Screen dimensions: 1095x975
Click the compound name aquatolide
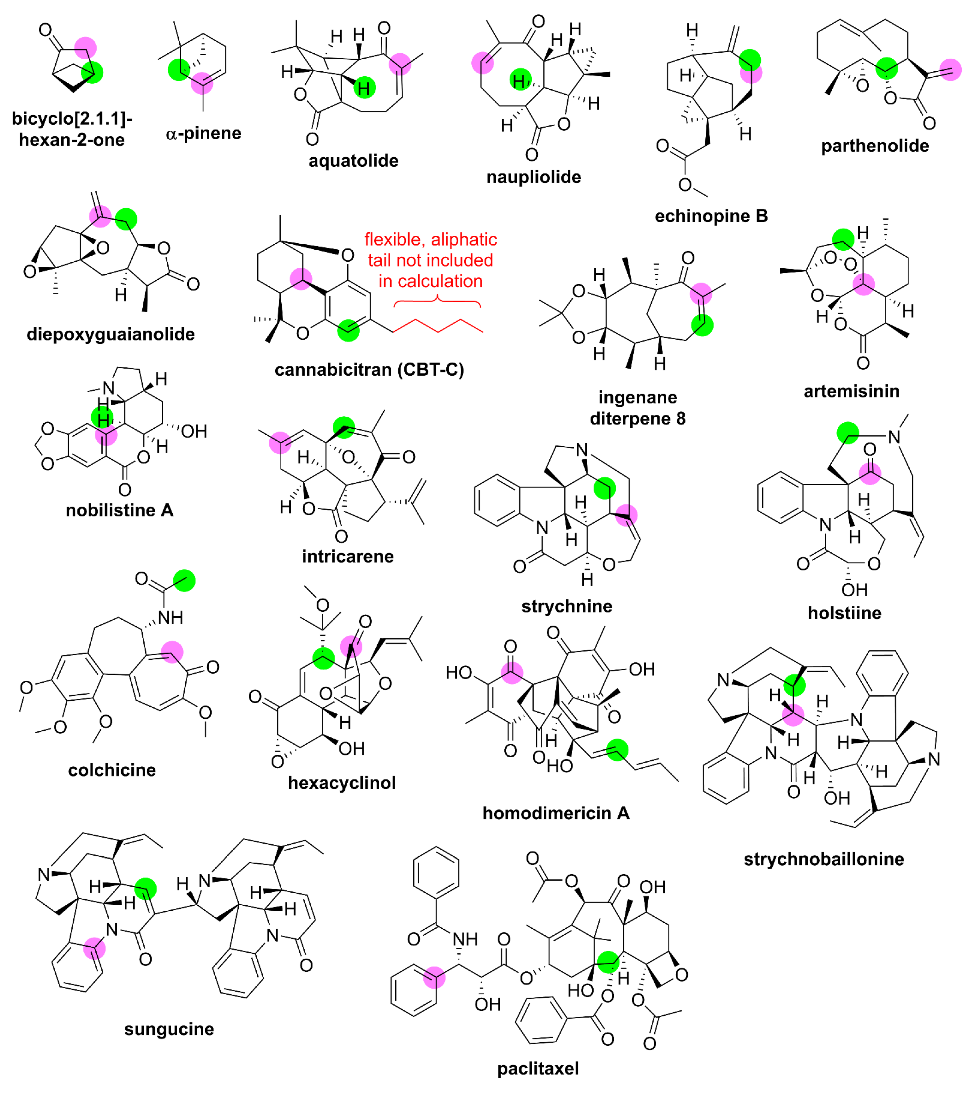[354, 161]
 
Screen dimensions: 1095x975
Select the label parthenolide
[875, 146]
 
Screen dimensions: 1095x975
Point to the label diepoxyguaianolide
[111, 334]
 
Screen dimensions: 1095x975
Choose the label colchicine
[112, 770]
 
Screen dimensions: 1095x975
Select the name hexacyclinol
[342, 783]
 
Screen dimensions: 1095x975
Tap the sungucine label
[169, 1029]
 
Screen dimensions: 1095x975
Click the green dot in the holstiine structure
[847, 432]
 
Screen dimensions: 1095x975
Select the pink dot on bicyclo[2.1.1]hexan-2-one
[85, 48]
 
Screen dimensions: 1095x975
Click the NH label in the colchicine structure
[170, 618]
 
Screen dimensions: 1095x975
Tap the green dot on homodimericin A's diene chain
[617, 750]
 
